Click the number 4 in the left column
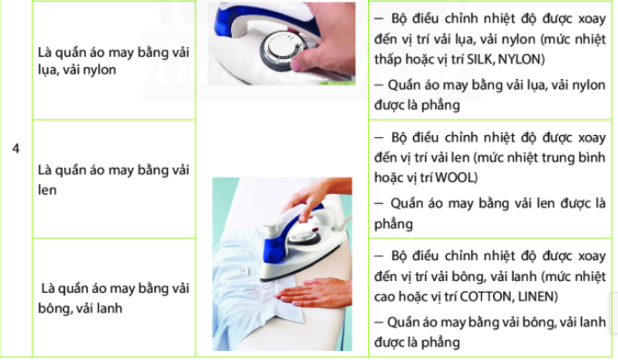click(x=15, y=149)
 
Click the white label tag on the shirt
click(x=246, y=272)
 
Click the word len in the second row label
click(x=47, y=190)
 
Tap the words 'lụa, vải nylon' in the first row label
click(x=77, y=70)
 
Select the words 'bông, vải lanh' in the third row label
click(x=80, y=308)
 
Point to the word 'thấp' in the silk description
click(x=388, y=59)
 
